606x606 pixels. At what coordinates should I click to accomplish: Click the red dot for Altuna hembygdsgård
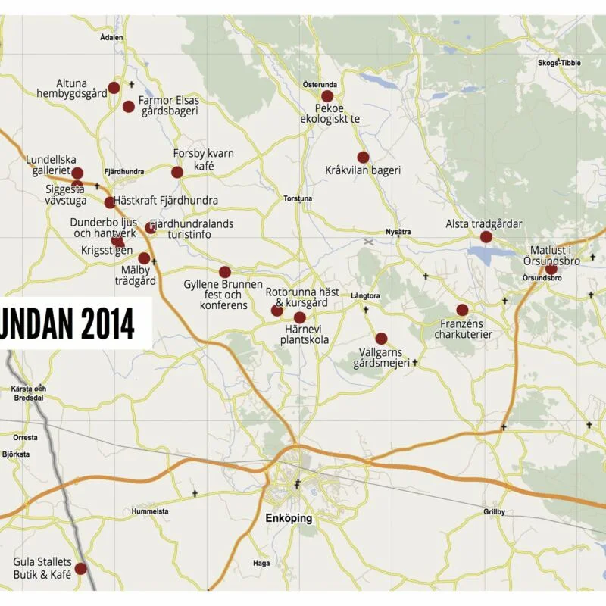(x=114, y=88)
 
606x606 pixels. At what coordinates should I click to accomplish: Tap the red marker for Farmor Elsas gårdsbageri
(x=129, y=107)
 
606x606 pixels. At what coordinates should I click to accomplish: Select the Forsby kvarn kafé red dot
(x=177, y=173)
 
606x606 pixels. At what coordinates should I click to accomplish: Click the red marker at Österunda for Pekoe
(x=327, y=96)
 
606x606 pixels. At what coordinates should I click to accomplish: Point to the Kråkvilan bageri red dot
(x=363, y=158)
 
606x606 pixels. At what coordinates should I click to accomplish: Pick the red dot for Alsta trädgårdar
(x=486, y=237)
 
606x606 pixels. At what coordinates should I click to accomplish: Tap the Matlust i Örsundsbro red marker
(x=551, y=269)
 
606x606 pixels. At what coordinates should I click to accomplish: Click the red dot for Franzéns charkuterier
(x=462, y=310)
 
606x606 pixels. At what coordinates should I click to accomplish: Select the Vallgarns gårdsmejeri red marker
(x=381, y=339)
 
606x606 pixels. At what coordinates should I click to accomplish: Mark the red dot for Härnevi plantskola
(x=300, y=317)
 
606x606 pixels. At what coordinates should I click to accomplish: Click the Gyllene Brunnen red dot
(x=225, y=272)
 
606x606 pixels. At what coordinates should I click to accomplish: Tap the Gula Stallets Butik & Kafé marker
(x=80, y=568)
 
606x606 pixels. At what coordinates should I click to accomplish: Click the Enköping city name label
(x=288, y=519)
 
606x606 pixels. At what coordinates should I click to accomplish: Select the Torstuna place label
(x=298, y=199)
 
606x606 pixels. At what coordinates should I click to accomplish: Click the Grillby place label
(x=494, y=512)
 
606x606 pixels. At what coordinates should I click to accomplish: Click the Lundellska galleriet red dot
(x=77, y=173)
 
